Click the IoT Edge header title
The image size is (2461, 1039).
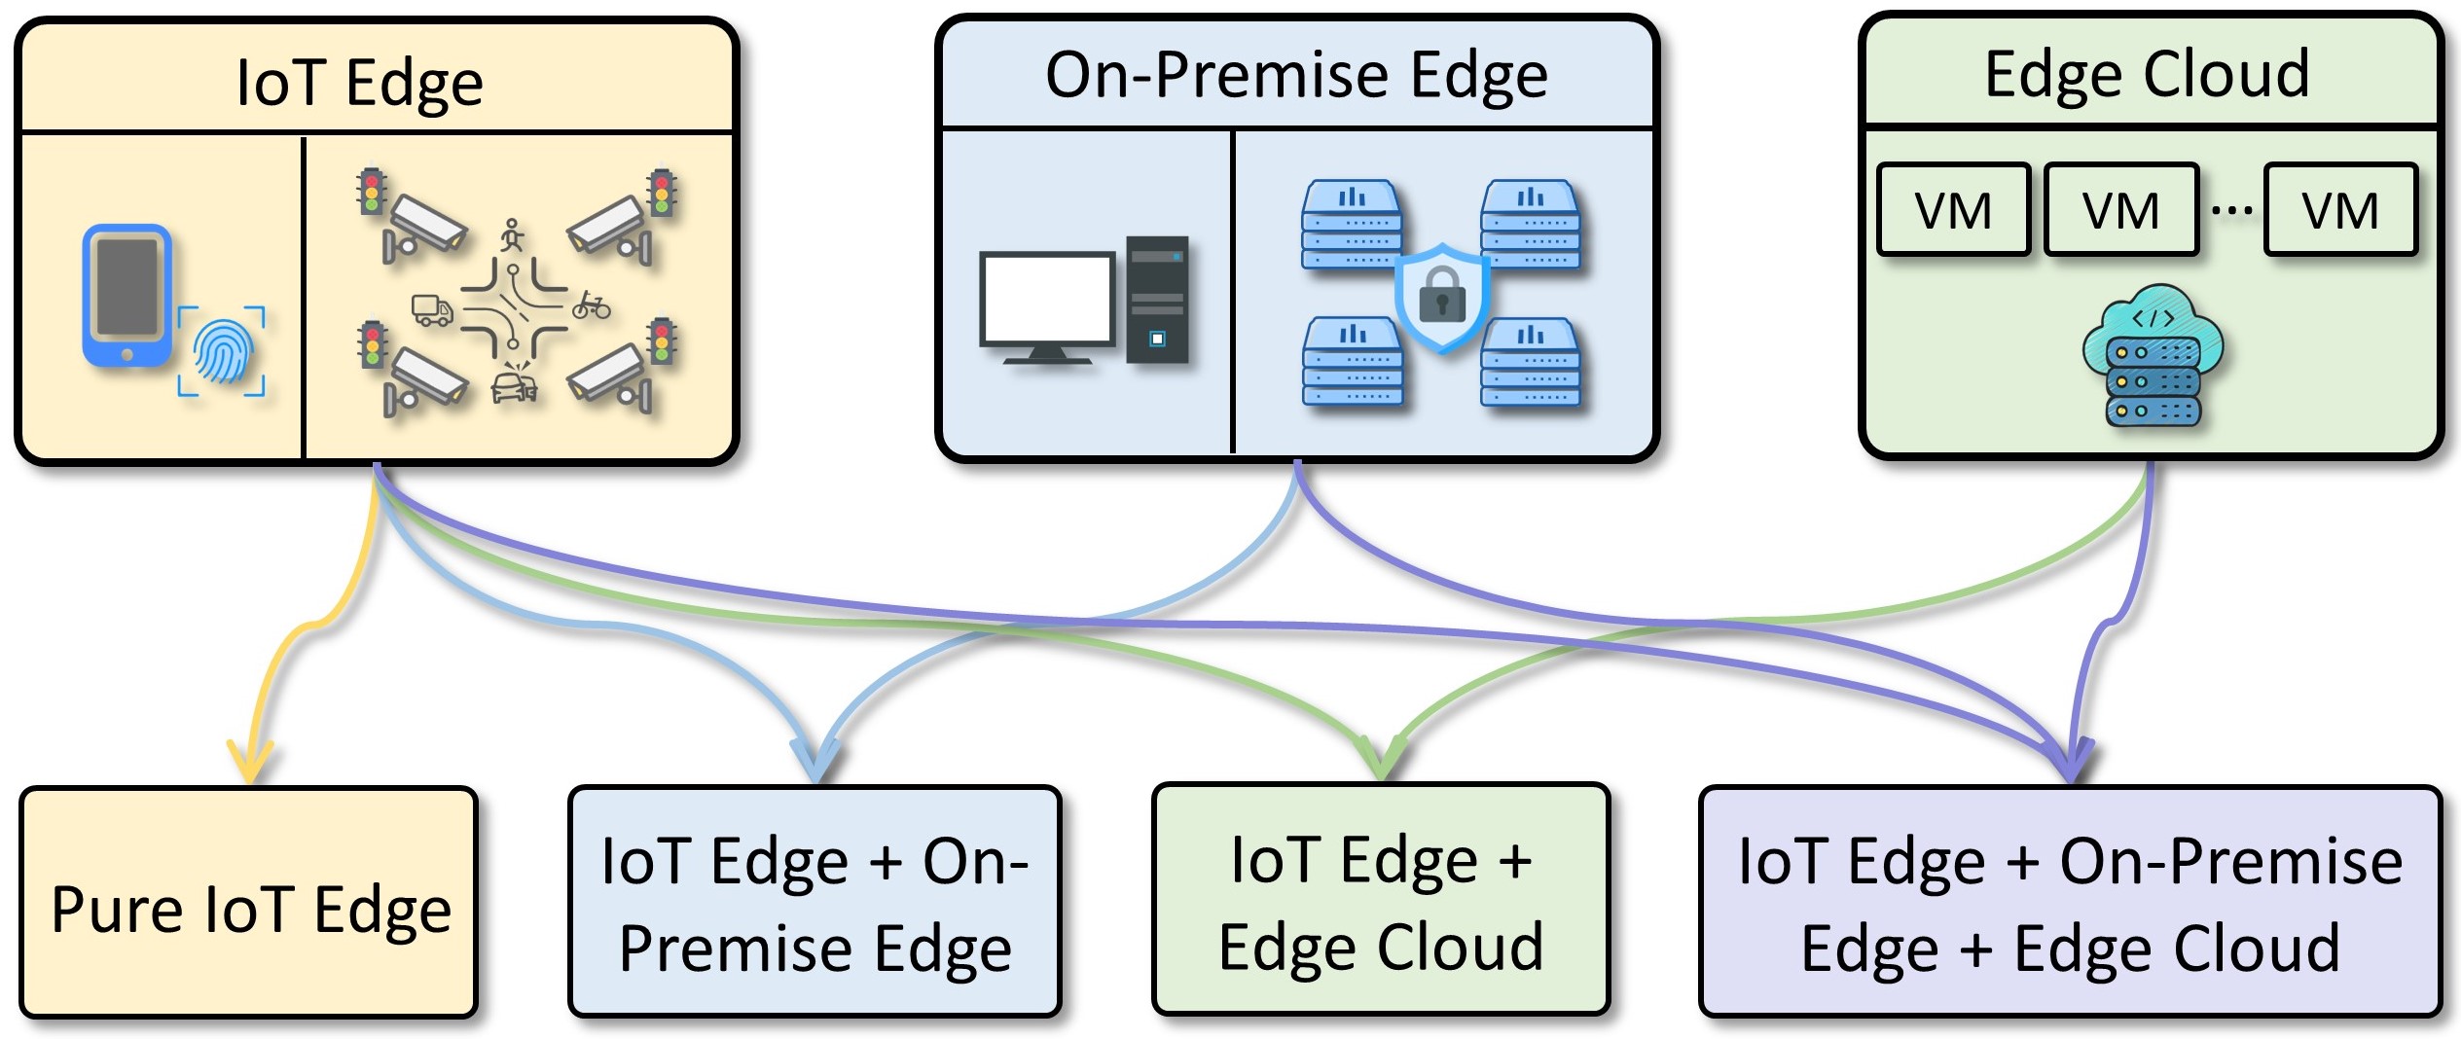tap(360, 83)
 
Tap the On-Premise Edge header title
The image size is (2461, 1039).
tap(1296, 76)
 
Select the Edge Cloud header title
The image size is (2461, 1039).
tap(2147, 74)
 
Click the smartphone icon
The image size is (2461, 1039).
tap(127, 297)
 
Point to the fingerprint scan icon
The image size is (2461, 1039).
tap(222, 351)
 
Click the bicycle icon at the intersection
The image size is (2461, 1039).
tap(592, 306)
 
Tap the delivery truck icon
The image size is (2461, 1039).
tap(433, 310)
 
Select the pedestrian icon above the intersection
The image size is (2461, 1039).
tap(513, 235)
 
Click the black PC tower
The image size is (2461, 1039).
tap(1157, 300)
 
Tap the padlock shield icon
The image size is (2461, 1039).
tap(1442, 298)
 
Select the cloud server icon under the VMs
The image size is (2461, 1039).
tap(2153, 356)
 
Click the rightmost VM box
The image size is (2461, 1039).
tap(2340, 210)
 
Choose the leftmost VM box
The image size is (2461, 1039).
tap(1953, 210)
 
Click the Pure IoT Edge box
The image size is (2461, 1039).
tap(249, 903)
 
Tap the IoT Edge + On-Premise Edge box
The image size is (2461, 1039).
tap(814, 901)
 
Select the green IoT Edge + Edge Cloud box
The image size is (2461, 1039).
tap(1381, 899)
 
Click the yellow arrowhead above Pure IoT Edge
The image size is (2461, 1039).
tap(250, 762)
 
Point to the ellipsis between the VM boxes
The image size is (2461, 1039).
tap(2231, 210)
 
